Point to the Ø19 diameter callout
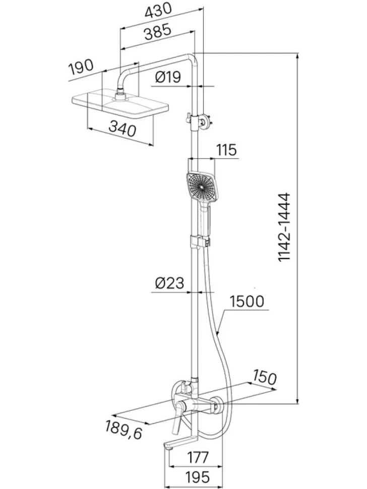click(x=168, y=77)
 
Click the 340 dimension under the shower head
click(x=122, y=129)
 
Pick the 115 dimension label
click(x=226, y=150)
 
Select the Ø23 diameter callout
click(x=169, y=283)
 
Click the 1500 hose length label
click(x=247, y=301)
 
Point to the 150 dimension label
click(x=264, y=377)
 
